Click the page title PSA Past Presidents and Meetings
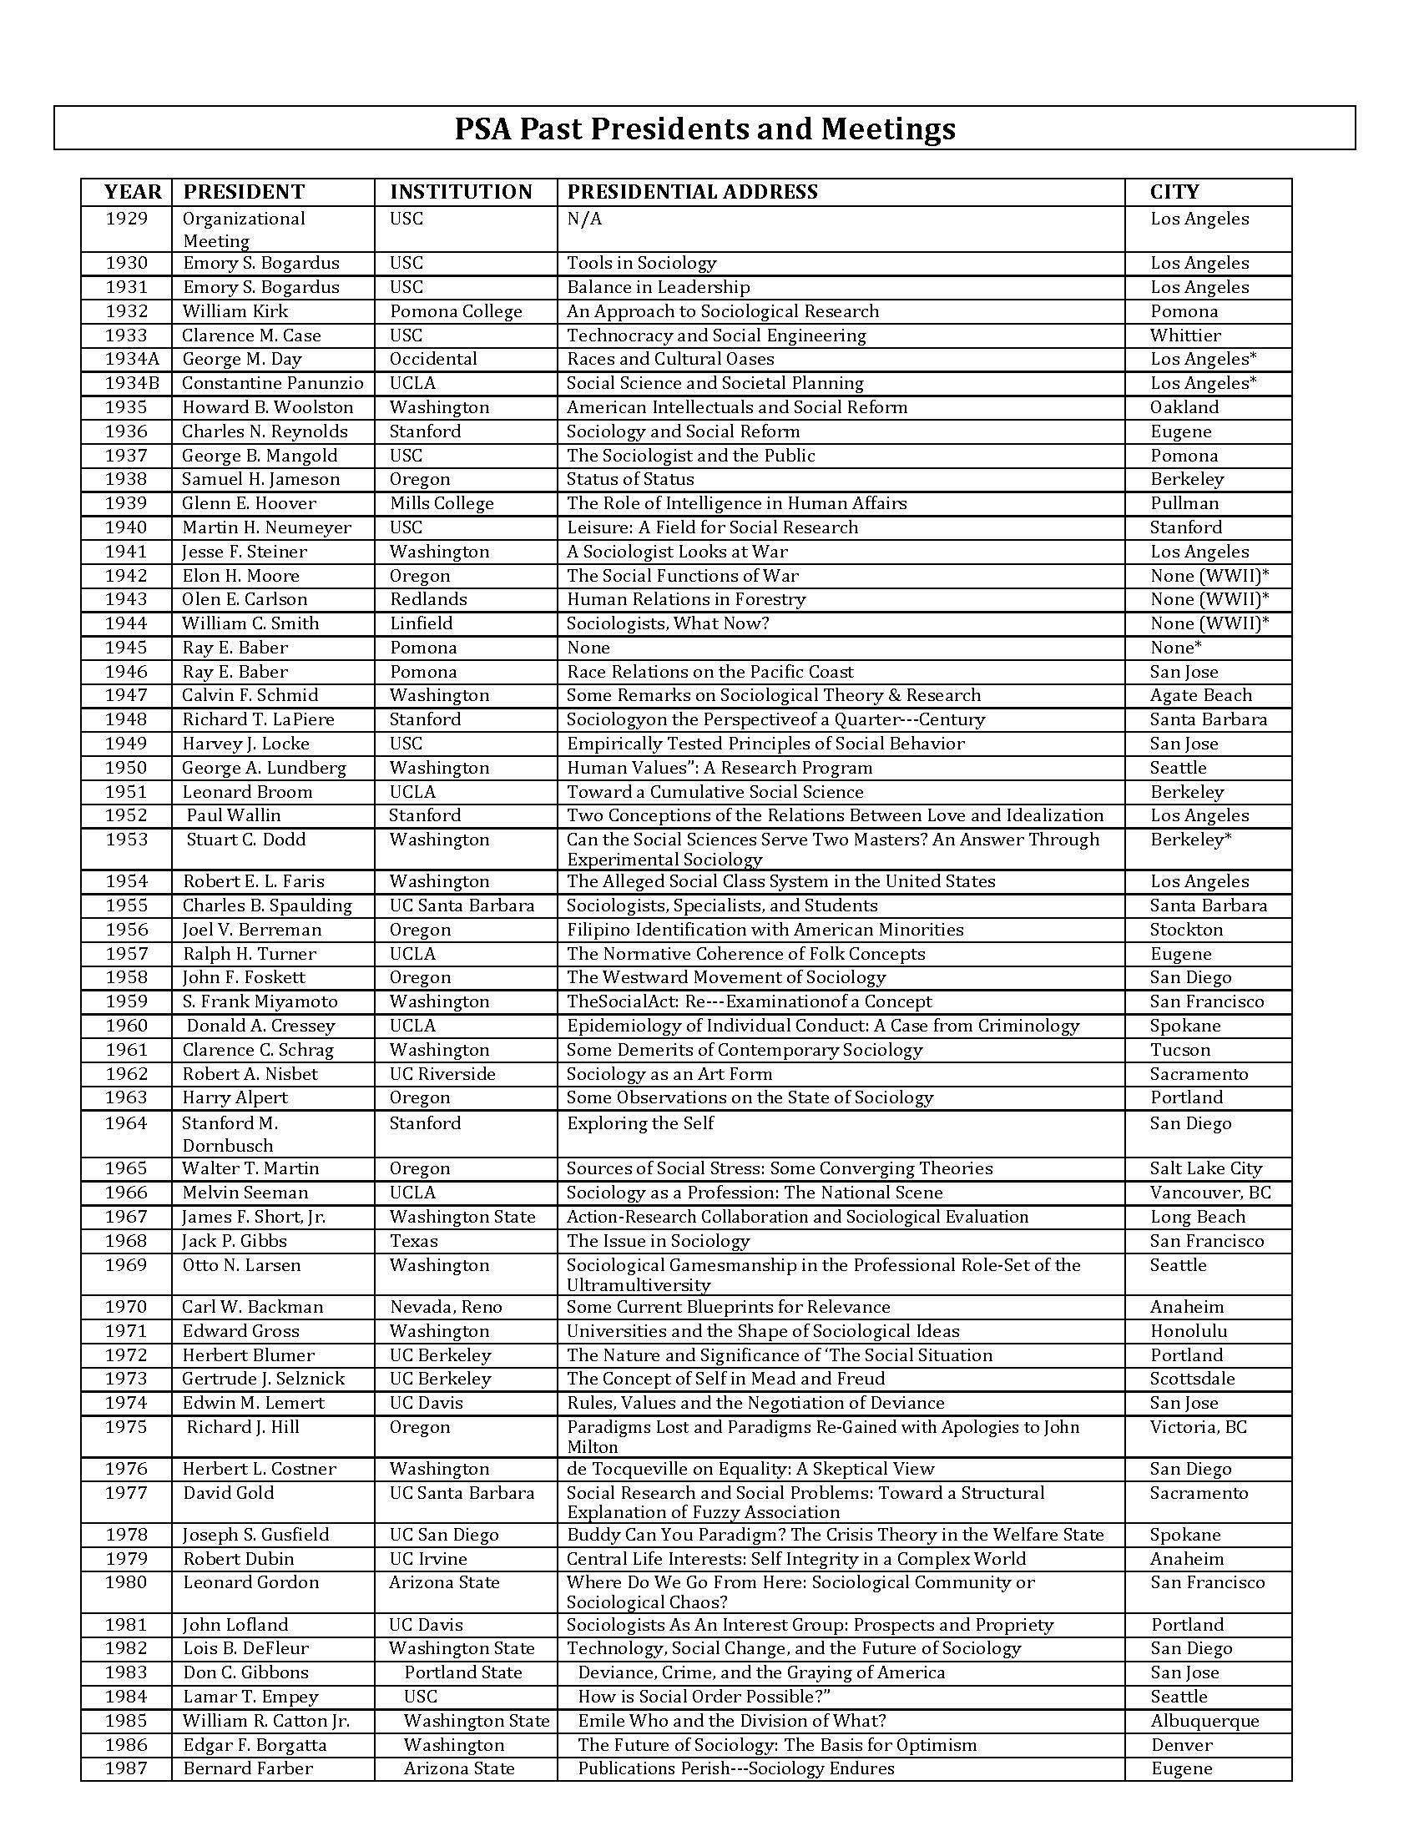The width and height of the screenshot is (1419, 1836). click(x=704, y=129)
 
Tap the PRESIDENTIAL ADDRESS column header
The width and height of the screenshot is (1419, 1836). click(x=692, y=192)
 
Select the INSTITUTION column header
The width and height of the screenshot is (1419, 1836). click(x=461, y=192)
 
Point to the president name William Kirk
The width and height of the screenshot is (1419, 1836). click(x=235, y=311)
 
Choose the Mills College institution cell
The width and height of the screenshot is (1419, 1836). click(x=442, y=503)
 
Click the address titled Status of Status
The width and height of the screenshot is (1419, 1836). click(x=629, y=479)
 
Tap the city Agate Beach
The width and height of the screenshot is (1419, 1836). click(x=1200, y=695)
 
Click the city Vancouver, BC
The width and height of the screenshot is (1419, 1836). click(x=1209, y=1193)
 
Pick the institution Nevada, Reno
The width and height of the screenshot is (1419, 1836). click(x=446, y=1307)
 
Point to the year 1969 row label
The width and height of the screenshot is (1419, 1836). click(x=126, y=1265)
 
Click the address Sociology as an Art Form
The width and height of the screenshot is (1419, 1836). click(x=669, y=1074)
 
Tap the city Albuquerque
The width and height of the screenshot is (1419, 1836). click(x=1204, y=1721)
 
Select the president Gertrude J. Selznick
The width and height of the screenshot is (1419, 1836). click(x=263, y=1379)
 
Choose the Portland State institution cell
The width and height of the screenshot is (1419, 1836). click(x=462, y=1673)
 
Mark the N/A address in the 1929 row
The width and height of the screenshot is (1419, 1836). click(x=584, y=219)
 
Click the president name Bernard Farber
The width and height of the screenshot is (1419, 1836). click(x=247, y=1768)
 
